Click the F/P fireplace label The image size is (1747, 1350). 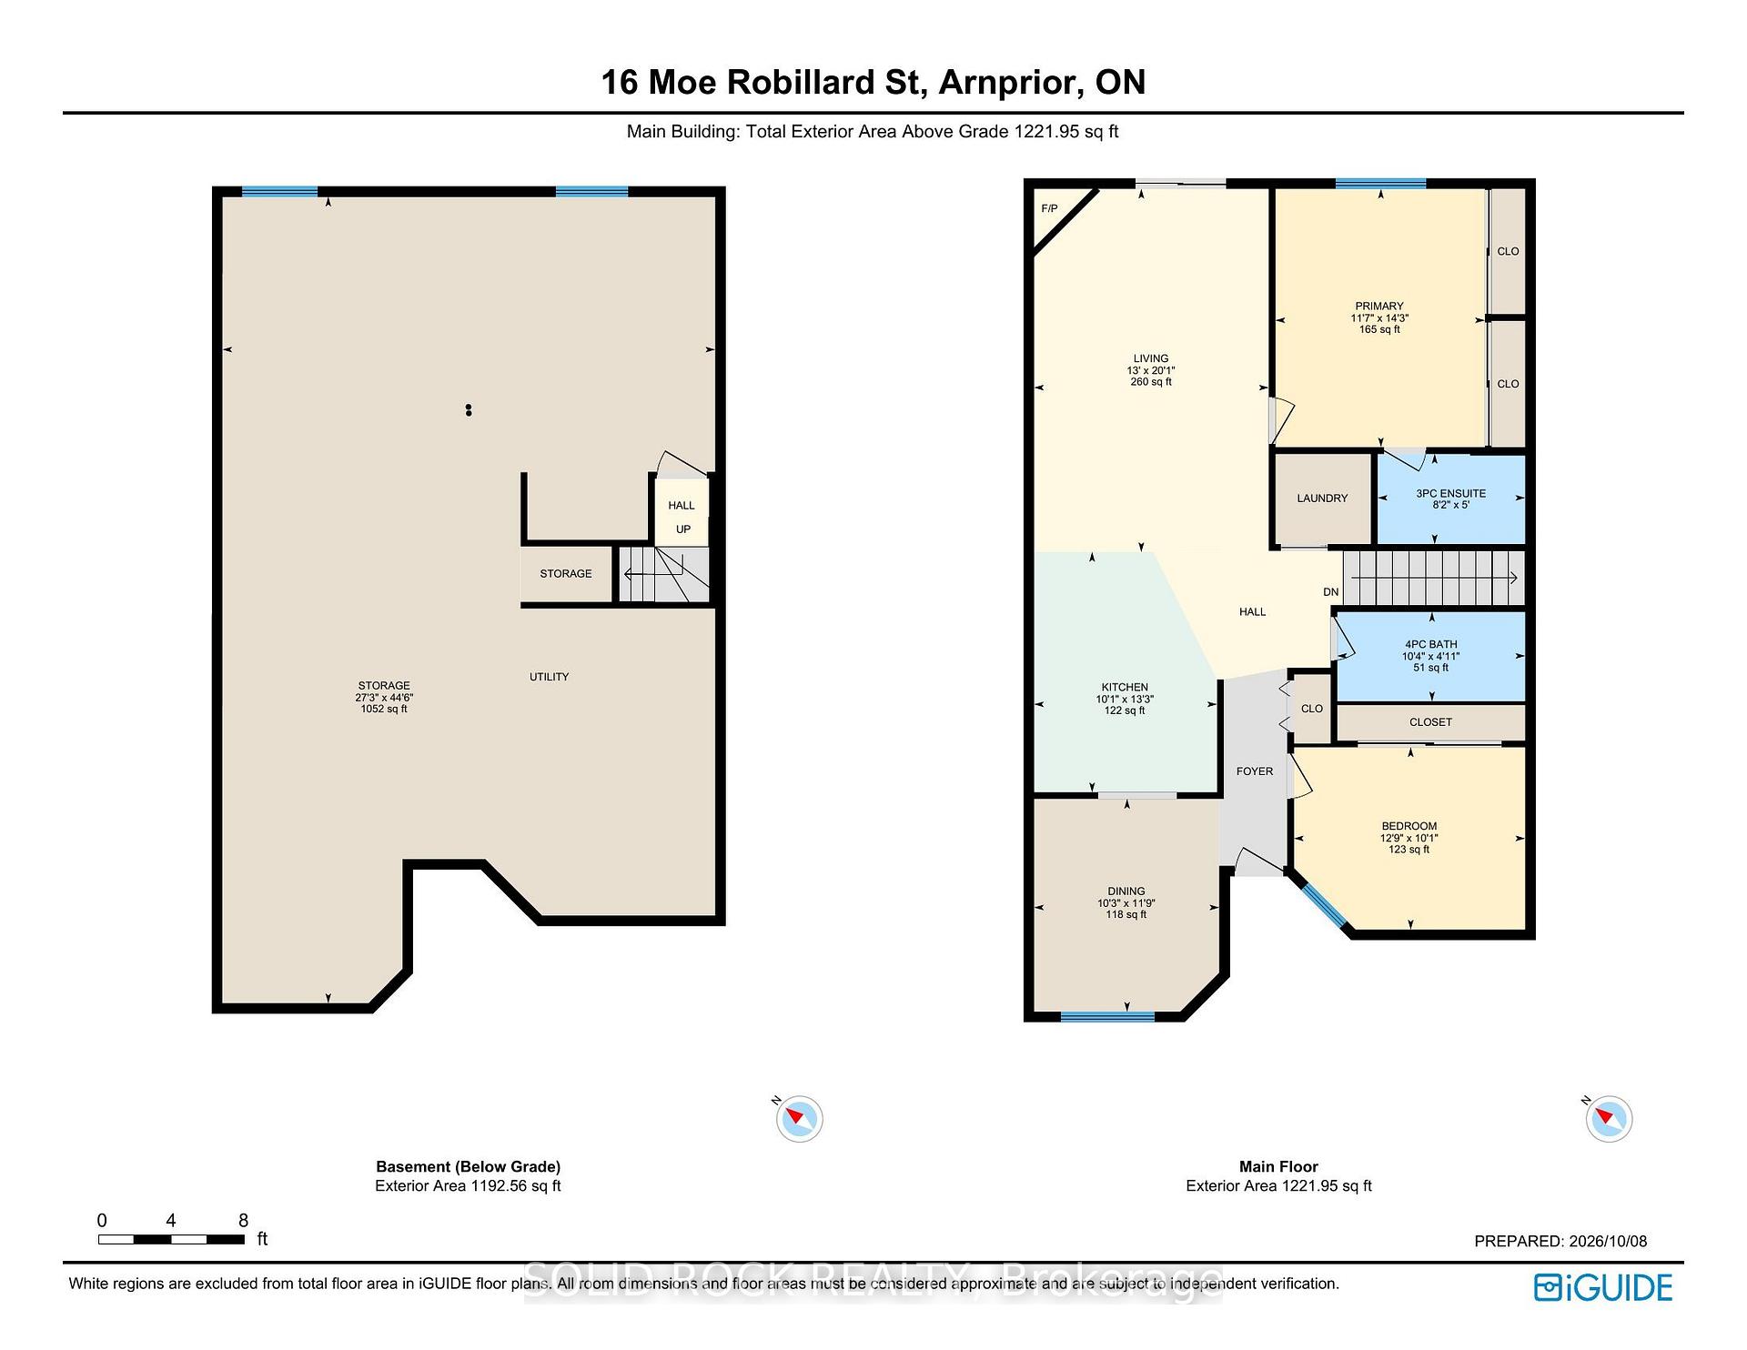coord(1049,209)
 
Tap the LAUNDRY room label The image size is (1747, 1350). coord(1322,499)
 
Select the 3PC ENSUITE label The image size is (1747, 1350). coord(1450,493)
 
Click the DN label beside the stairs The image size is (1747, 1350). coord(1331,592)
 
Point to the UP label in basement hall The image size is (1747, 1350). coord(683,529)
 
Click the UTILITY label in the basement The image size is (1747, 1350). coord(550,677)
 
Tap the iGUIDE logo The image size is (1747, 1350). coord(1603,1287)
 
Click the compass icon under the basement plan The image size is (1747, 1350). coord(799,1118)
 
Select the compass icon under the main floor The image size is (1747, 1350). coord(1608,1118)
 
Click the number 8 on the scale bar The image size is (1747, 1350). coord(243,1221)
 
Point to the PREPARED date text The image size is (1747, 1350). coord(1560,1242)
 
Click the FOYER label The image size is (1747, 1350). coord(1255,771)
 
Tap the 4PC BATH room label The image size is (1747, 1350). coord(1431,644)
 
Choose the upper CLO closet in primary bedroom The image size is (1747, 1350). coord(1508,251)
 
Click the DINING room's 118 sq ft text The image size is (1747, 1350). coord(1126,914)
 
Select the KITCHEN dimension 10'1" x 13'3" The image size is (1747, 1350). coord(1125,699)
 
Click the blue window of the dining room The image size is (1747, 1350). coord(1107,1016)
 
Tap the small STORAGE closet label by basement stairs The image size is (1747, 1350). coord(566,574)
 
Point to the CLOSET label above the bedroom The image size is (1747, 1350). coord(1430,722)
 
